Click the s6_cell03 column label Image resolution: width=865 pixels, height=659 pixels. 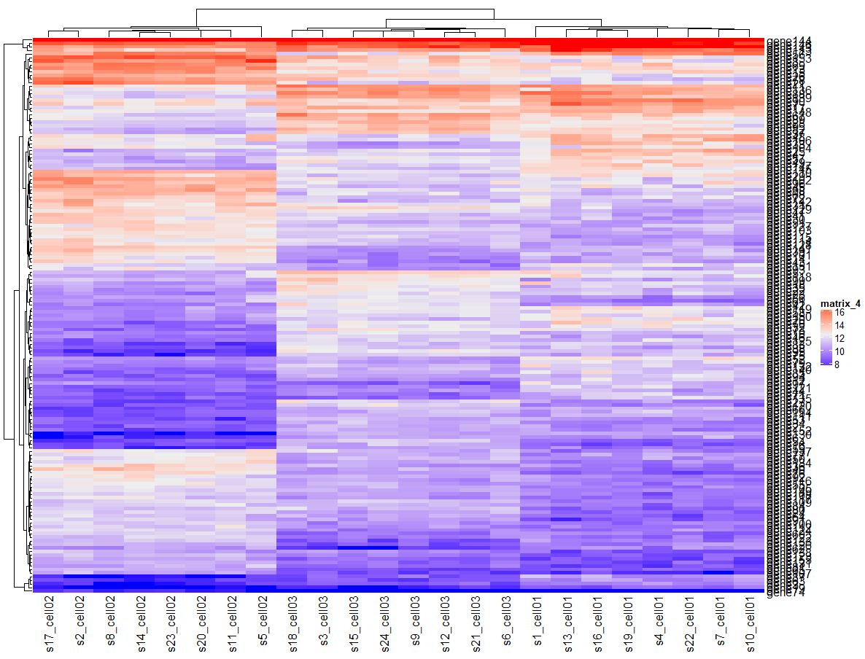click(507, 625)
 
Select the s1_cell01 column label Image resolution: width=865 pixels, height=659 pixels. click(538, 625)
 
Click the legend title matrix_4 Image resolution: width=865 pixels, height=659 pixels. click(840, 303)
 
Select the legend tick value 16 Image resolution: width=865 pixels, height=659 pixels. click(839, 313)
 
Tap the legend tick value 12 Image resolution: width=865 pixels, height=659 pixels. click(839, 339)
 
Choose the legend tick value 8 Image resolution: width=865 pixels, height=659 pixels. click(837, 364)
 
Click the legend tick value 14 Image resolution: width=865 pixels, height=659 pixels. click(839, 326)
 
